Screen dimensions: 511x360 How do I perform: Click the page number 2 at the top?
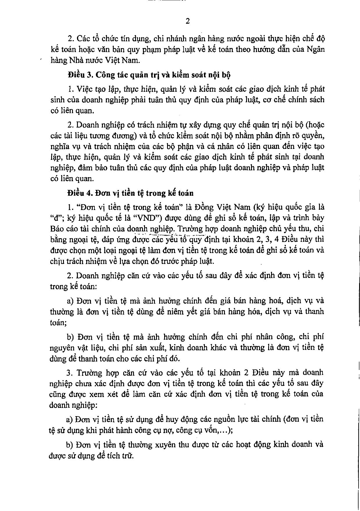click(x=187, y=22)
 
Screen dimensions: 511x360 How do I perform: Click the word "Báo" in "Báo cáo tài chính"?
click(x=57, y=229)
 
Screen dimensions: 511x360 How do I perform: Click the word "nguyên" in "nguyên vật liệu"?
click(x=60, y=348)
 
